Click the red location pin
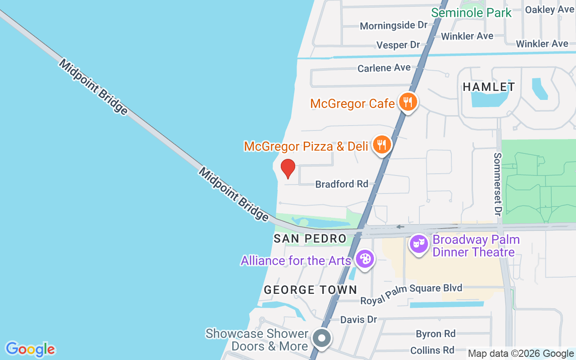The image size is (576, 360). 288,168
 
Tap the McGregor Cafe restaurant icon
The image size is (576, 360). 408,102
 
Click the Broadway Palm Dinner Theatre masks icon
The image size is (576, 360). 419,244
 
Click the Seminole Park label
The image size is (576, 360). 471,13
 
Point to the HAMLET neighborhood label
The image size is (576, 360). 489,86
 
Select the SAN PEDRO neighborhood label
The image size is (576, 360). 310,238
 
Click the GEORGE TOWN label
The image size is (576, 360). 310,290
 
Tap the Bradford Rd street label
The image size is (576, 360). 342,184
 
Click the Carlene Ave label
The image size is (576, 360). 384,68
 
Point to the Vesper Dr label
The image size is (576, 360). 398,45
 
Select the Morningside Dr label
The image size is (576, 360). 393,26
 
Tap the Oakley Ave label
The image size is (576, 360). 549,9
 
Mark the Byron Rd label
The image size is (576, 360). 436,334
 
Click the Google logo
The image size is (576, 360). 30,349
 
